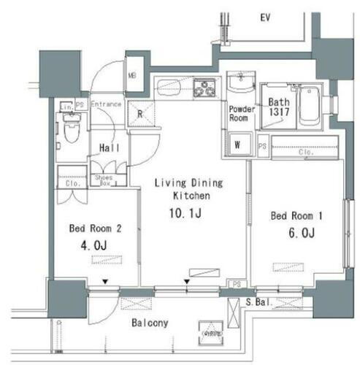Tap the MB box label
(x=132, y=75)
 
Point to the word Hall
(x=110, y=147)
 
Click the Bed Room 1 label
(x=296, y=216)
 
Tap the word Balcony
(x=150, y=323)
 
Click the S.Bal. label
(x=258, y=301)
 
